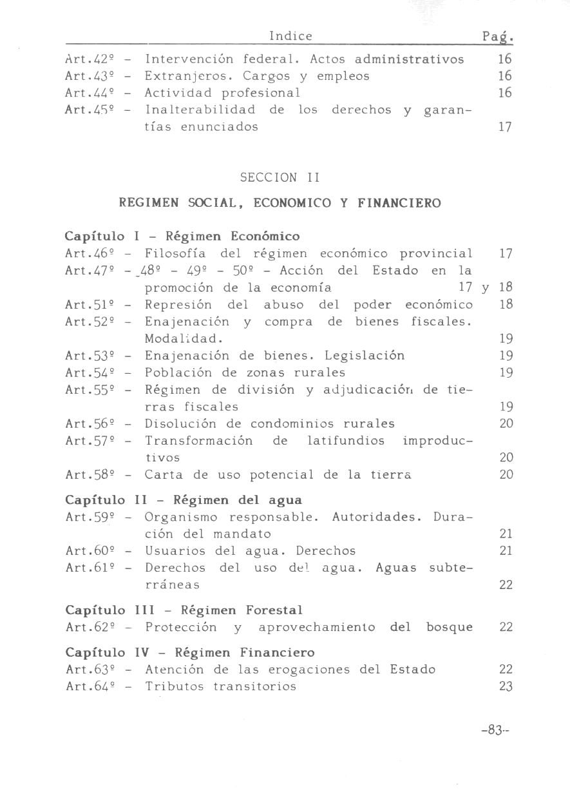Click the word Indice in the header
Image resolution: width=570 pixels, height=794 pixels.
290,36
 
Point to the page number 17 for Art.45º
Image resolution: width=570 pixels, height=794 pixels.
505,127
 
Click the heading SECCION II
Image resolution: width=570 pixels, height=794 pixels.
280,177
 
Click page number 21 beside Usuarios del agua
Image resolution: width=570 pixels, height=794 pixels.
506,551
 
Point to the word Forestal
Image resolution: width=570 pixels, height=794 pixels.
274,610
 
